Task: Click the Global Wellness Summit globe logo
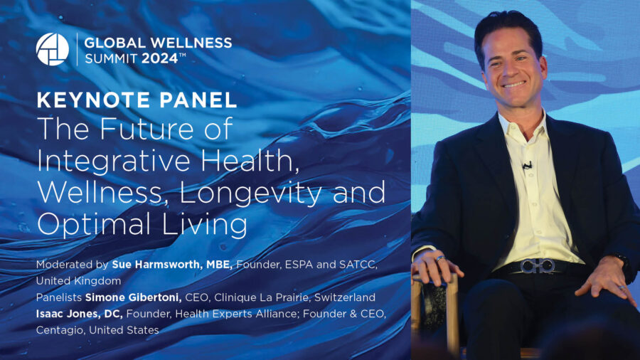52,49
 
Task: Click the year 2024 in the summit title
160,58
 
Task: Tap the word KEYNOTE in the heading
93,100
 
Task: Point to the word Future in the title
149,129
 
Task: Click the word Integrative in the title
114,162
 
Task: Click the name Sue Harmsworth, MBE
172,265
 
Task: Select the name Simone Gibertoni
134,297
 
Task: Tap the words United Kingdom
78,281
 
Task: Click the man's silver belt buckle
537,266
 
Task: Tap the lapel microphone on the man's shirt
527,165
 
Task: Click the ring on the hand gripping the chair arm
440,258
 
